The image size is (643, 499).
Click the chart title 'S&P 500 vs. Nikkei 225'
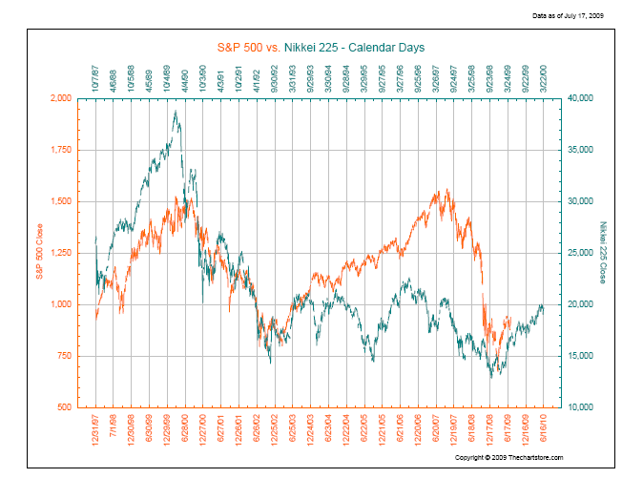click(321, 47)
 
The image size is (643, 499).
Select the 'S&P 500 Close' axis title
click(39, 252)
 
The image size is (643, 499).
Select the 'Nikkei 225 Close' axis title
click(602, 253)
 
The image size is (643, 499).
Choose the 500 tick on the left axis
click(63, 407)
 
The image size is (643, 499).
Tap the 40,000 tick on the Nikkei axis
click(581, 98)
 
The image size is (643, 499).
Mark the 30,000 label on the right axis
click(581, 201)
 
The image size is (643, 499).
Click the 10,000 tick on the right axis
click(581, 407)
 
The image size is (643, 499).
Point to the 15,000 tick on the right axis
click(581, 356)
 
